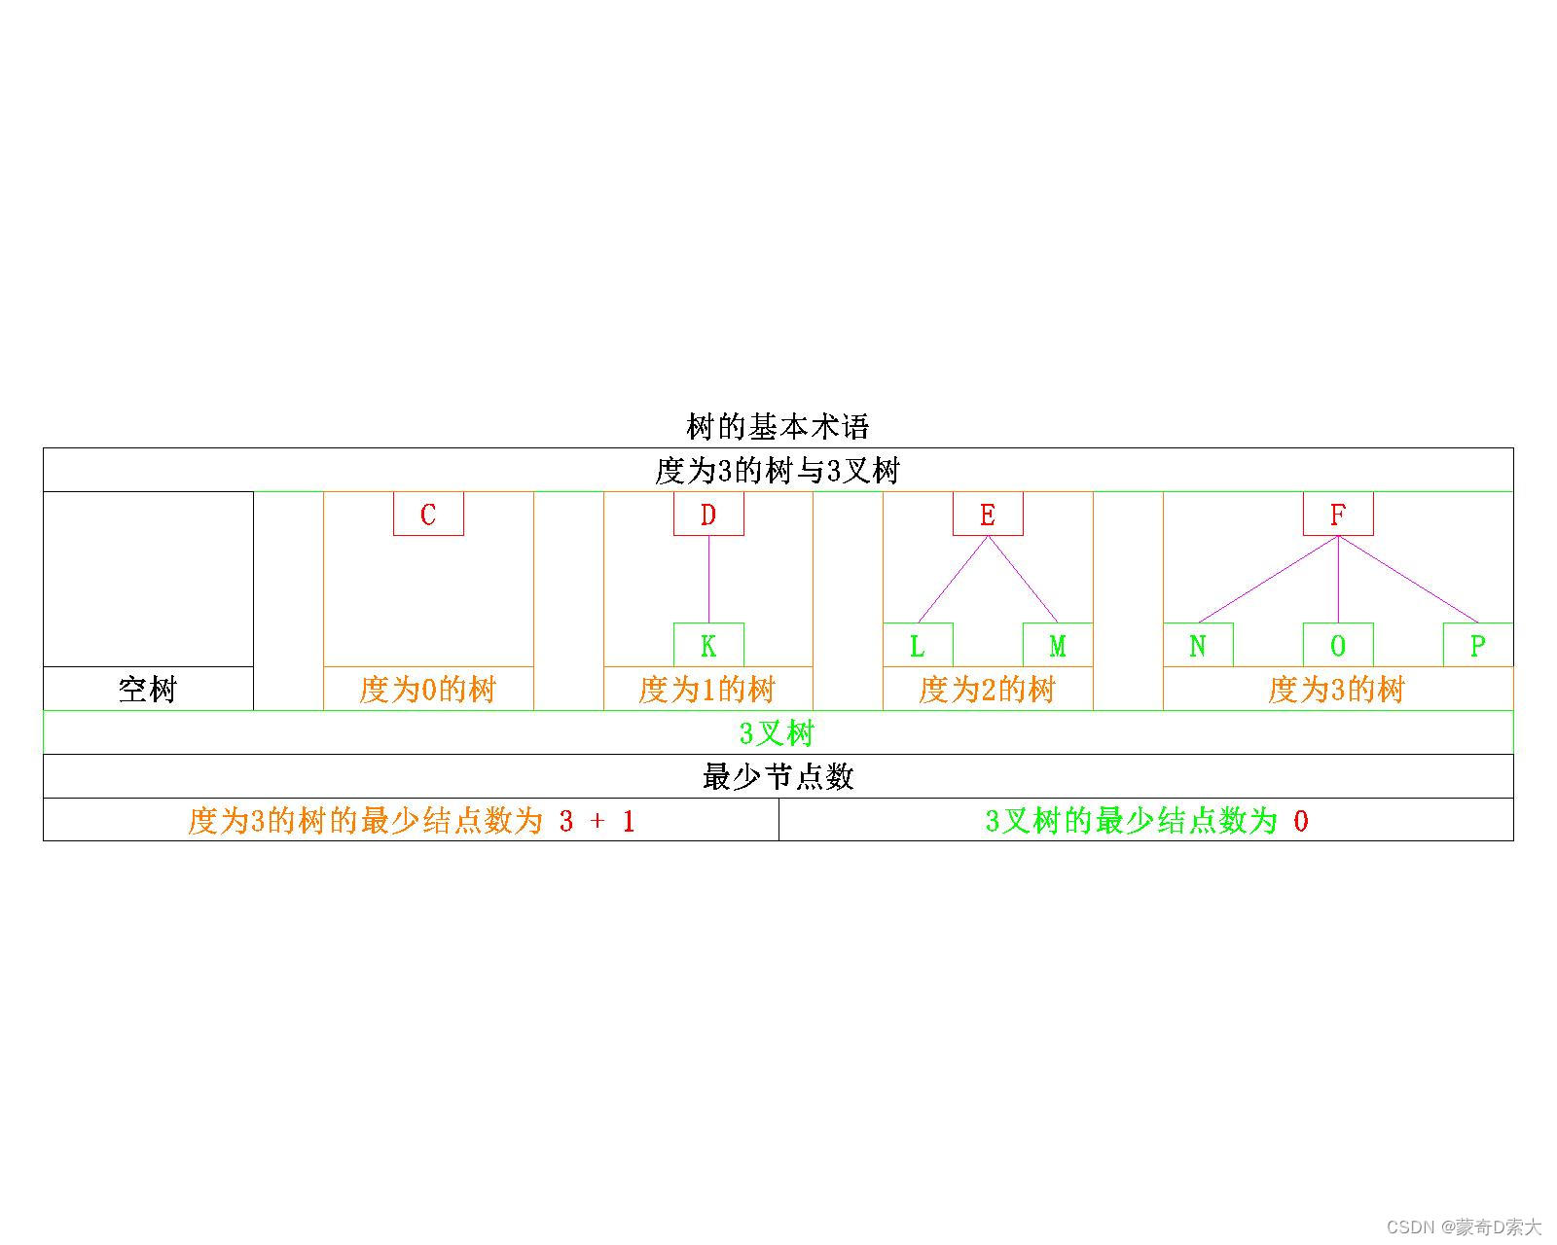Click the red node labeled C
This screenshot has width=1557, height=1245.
tap(428, 514)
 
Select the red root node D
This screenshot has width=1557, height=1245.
tap(708, 514)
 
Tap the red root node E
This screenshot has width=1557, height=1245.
tap(988, 514)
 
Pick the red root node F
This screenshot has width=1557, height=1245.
tap(1338, 514)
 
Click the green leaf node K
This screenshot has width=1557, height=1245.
tap(708, 645)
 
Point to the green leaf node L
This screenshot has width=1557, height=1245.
tap(918, 645)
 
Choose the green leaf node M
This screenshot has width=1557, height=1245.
tap(1058, 645)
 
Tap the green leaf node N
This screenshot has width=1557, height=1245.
tap(1198, 645)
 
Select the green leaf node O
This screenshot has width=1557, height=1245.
tap(1338, 645)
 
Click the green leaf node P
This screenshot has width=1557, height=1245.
tap(1478, 645)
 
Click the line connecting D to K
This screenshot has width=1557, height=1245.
tap(708, 579)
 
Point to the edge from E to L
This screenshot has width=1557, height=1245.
tap(953, 579)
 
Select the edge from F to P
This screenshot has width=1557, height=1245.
tap(1408, 579)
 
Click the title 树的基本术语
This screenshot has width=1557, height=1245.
tap(778, 426)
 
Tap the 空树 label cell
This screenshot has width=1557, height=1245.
tap(148, 690)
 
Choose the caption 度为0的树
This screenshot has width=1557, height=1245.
tap(428, 690)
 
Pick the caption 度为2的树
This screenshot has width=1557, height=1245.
tap(988, 690)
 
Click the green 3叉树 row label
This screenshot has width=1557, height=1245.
tap(778, 732)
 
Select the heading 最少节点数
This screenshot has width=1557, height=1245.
tap(778, 776)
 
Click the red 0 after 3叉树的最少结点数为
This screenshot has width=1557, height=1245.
tap(1301, 821)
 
